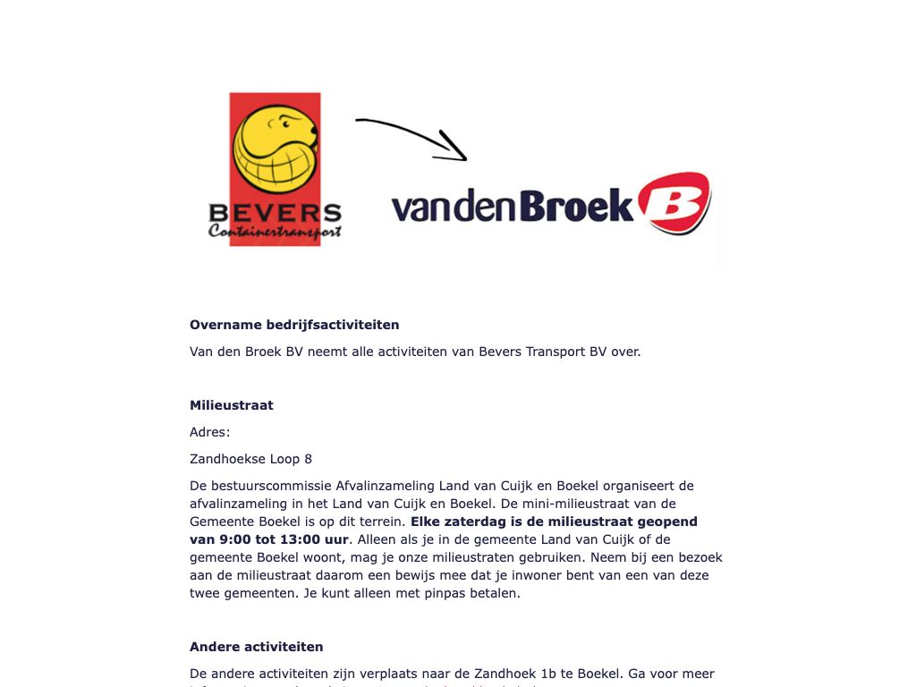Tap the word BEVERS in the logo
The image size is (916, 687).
275,214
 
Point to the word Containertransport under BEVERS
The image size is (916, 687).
275,232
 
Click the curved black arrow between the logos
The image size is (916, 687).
412,135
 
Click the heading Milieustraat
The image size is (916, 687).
232,405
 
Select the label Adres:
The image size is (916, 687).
210,432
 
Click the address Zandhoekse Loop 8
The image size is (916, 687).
251,459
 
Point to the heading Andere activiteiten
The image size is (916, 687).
257,647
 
